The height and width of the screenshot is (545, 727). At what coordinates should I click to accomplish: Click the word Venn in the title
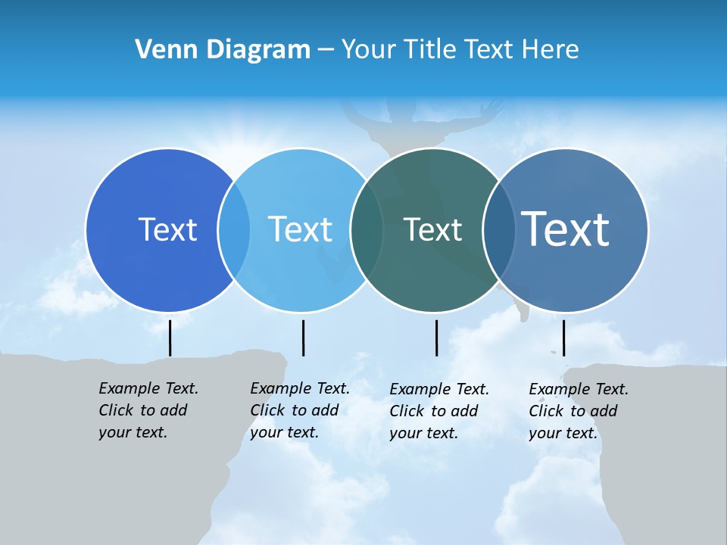tap(161, 50)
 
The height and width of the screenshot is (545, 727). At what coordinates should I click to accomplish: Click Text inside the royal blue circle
tap(167, 229)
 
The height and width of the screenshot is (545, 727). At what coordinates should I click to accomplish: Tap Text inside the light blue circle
tap(300, 229)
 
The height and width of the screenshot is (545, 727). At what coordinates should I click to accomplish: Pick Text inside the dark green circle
tap(432, 229)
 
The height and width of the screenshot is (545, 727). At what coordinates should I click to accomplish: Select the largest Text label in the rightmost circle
tap(565, 229)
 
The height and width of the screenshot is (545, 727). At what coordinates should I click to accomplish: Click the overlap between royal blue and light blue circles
tap(234, 229)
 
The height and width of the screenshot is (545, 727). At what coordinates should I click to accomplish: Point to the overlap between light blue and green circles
tap(367, 229)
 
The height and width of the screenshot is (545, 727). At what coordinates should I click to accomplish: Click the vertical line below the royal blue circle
tap(170, 338)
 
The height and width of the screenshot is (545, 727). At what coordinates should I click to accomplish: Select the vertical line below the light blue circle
tap(303, 338)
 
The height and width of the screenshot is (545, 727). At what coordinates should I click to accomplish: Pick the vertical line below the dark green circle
tap(437, 338)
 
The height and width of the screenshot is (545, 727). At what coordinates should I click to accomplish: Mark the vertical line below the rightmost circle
tap(563, 338)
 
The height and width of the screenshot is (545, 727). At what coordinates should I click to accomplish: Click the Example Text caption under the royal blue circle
tap(148, 410)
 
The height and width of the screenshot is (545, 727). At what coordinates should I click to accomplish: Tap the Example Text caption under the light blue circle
tap(299, 410)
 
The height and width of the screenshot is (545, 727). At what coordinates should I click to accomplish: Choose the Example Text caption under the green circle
tap(438, 411)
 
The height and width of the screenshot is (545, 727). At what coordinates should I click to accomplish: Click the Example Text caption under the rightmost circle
tap(578, 411)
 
